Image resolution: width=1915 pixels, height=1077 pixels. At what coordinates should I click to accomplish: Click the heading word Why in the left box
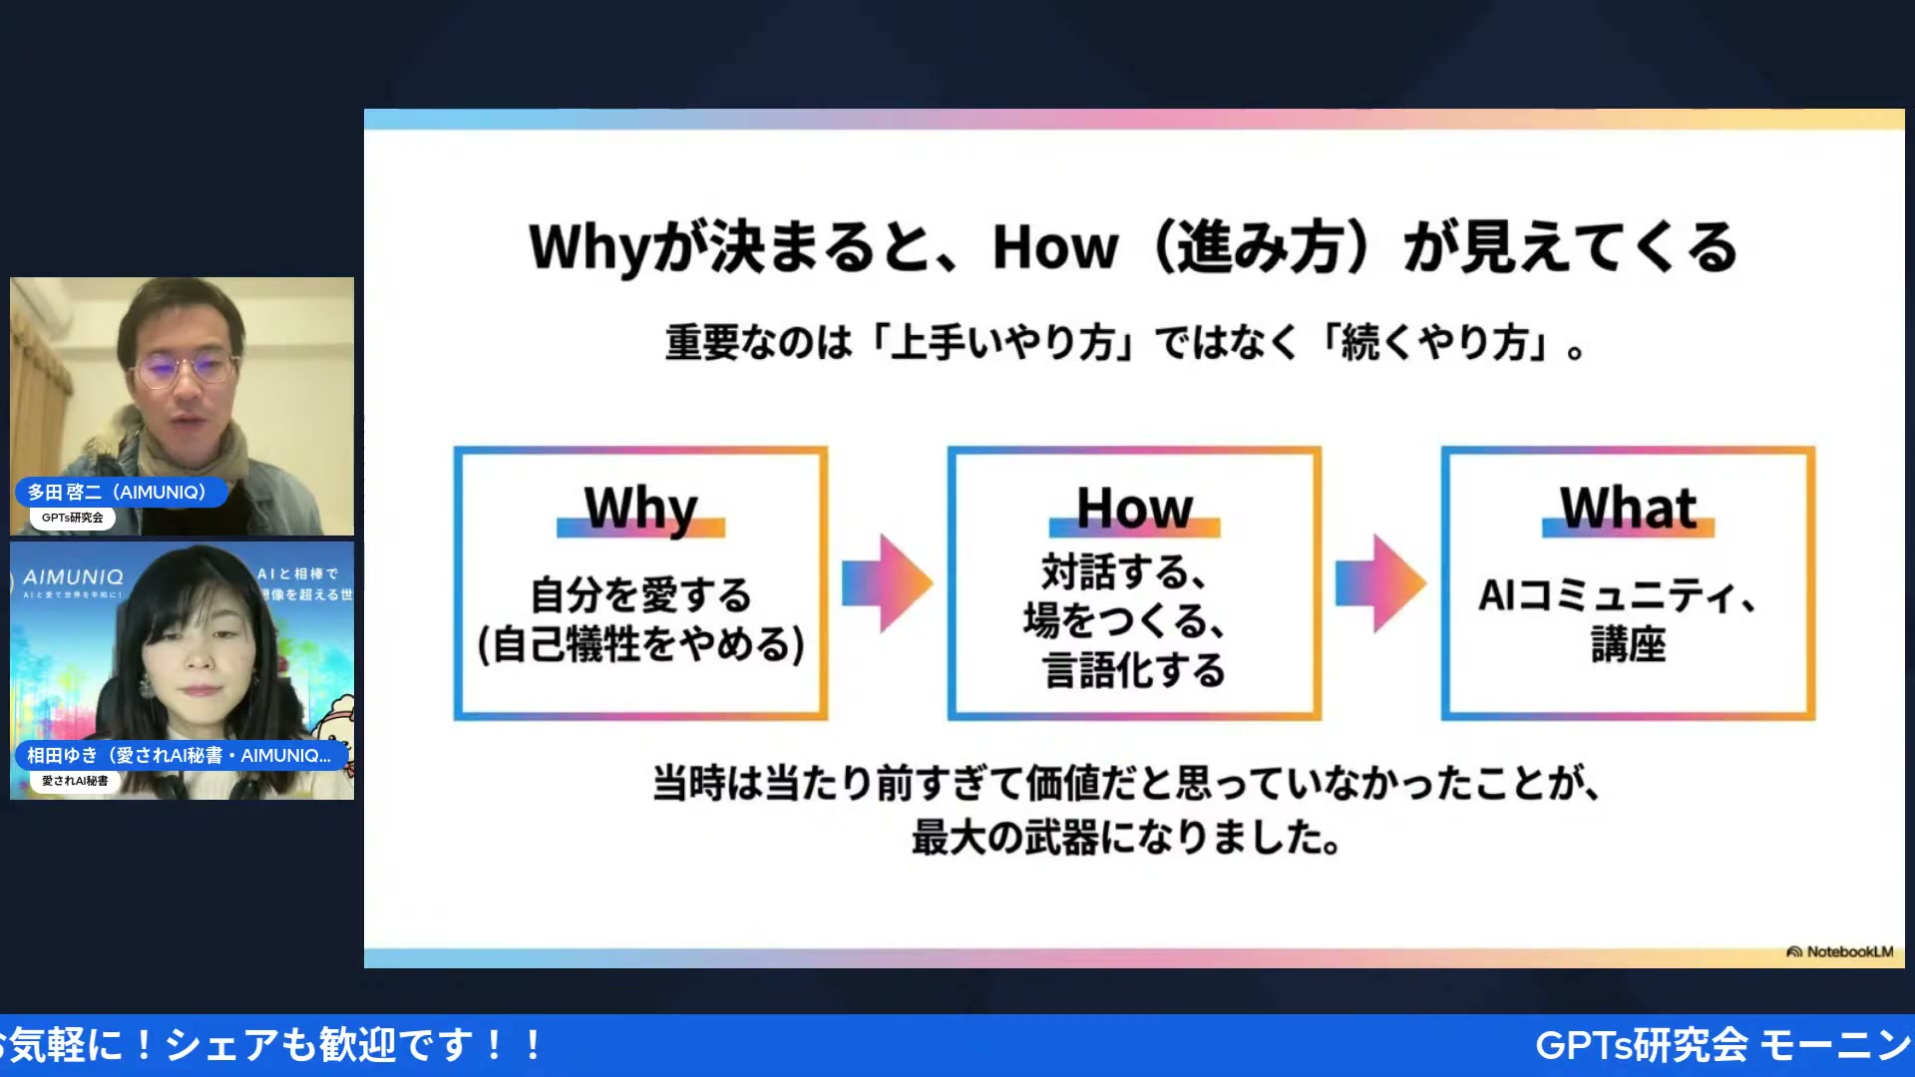640,509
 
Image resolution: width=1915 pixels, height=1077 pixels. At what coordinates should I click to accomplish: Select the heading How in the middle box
1134,509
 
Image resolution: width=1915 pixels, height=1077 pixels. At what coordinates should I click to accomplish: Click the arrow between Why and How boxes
887,583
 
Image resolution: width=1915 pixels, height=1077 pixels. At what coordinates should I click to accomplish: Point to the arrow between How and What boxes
1380,583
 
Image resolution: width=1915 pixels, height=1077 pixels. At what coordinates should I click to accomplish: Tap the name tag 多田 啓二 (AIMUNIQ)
118,492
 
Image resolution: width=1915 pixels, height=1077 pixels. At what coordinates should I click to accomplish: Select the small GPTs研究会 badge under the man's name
73,518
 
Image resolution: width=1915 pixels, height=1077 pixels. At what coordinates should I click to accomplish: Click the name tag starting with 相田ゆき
180,755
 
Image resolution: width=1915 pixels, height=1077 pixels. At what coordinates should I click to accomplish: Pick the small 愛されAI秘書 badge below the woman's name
75,781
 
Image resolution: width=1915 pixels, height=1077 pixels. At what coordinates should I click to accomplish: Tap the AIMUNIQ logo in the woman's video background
73,577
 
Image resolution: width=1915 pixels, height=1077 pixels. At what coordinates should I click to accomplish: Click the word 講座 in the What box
1628,644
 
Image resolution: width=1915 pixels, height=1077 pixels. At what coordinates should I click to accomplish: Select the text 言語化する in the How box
1134,669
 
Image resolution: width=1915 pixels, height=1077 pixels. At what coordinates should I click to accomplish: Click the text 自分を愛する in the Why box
640,595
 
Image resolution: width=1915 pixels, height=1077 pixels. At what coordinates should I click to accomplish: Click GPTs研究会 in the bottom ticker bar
1642,1045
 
